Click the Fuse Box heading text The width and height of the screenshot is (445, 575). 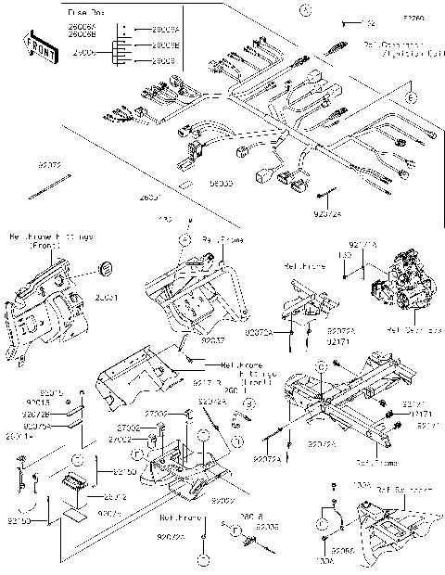(85, 13)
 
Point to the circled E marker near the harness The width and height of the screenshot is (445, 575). (412, 96)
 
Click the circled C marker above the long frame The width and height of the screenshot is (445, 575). (320, 368)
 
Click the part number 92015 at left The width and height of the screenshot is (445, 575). (25, 393)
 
